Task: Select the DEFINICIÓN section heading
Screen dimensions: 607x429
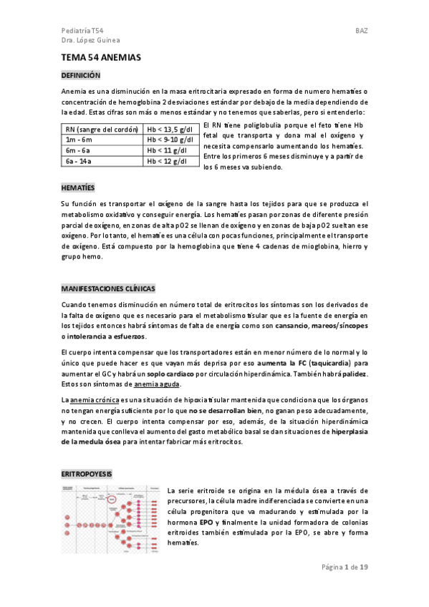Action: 81,75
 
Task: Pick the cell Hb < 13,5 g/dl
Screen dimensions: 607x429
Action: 171,130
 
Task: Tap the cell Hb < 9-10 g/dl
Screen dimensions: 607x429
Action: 170,140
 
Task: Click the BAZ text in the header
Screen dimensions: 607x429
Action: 362,31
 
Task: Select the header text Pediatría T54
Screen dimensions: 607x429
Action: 83,31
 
